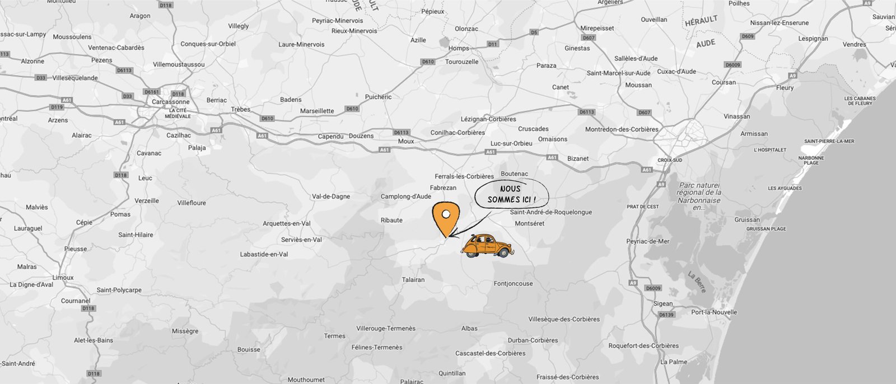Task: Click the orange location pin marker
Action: pyautogui.click(x=446, y=218)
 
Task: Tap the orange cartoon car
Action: pyautogui.click(x=486, y=246)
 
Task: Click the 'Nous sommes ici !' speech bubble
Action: pyautogui.click(x=511, y=194)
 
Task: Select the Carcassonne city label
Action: pyautogui.click(x=170, y=102)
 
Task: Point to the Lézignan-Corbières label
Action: pyautogui.click(x=488, y=119)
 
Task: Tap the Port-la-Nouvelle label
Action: pyautogui.click(x=714, y=312)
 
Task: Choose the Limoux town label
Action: pyautogui.click(x=63, y=278)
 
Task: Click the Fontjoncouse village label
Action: pyautogui.click(x=513, y=284)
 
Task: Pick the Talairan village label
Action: pyautogui.click(x=413, y=280)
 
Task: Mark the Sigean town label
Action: pyautogui.click(x=663, y=304)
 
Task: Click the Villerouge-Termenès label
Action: pyautogui.click(x=386, y=329)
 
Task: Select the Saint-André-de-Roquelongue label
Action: pyautogui.click(x=550, y=213)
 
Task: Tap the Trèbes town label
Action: pyautogui.click(x=241, y=109)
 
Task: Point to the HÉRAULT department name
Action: pyautogui.click(x=701, y=21)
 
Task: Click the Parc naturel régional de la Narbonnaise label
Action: pyautogui.click(x=698, y=196)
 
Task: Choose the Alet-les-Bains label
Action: pyautogui.click(x=94, y=340)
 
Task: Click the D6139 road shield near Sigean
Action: pyautogui.click(x=666, y=315)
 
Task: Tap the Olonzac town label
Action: pyautogui.click(x=466, y=29)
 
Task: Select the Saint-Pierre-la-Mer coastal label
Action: pyautogui.click(x=829, y=142)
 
